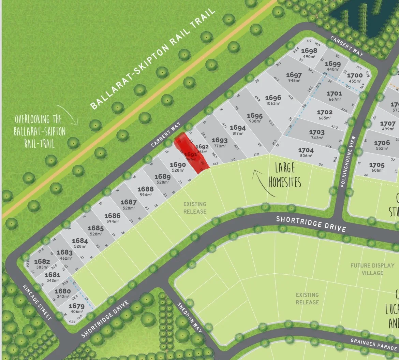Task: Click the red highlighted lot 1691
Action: pos(191,154)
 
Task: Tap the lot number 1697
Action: pos(294,75)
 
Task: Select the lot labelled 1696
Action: pos(273,98)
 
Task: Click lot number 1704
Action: pos(306,150)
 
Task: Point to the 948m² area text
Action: pos(294,81)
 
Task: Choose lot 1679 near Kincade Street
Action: pos(76,306)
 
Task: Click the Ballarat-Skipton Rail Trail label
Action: pos(153,58)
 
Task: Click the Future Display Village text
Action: pos(372,269)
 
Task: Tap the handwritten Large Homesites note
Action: pos(285,175)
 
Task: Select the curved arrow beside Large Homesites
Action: pos(263,183)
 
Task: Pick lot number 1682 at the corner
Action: pos(42,261)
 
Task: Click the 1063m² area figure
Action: pos(273,103)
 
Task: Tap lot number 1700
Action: pos(355,75)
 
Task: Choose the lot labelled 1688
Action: pos(145,189)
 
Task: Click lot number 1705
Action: pos(376,165)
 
